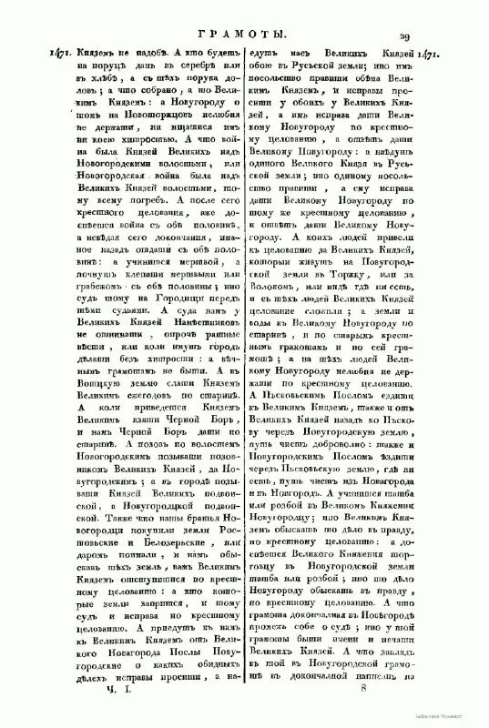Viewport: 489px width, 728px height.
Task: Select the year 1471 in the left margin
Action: click(32, 55)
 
